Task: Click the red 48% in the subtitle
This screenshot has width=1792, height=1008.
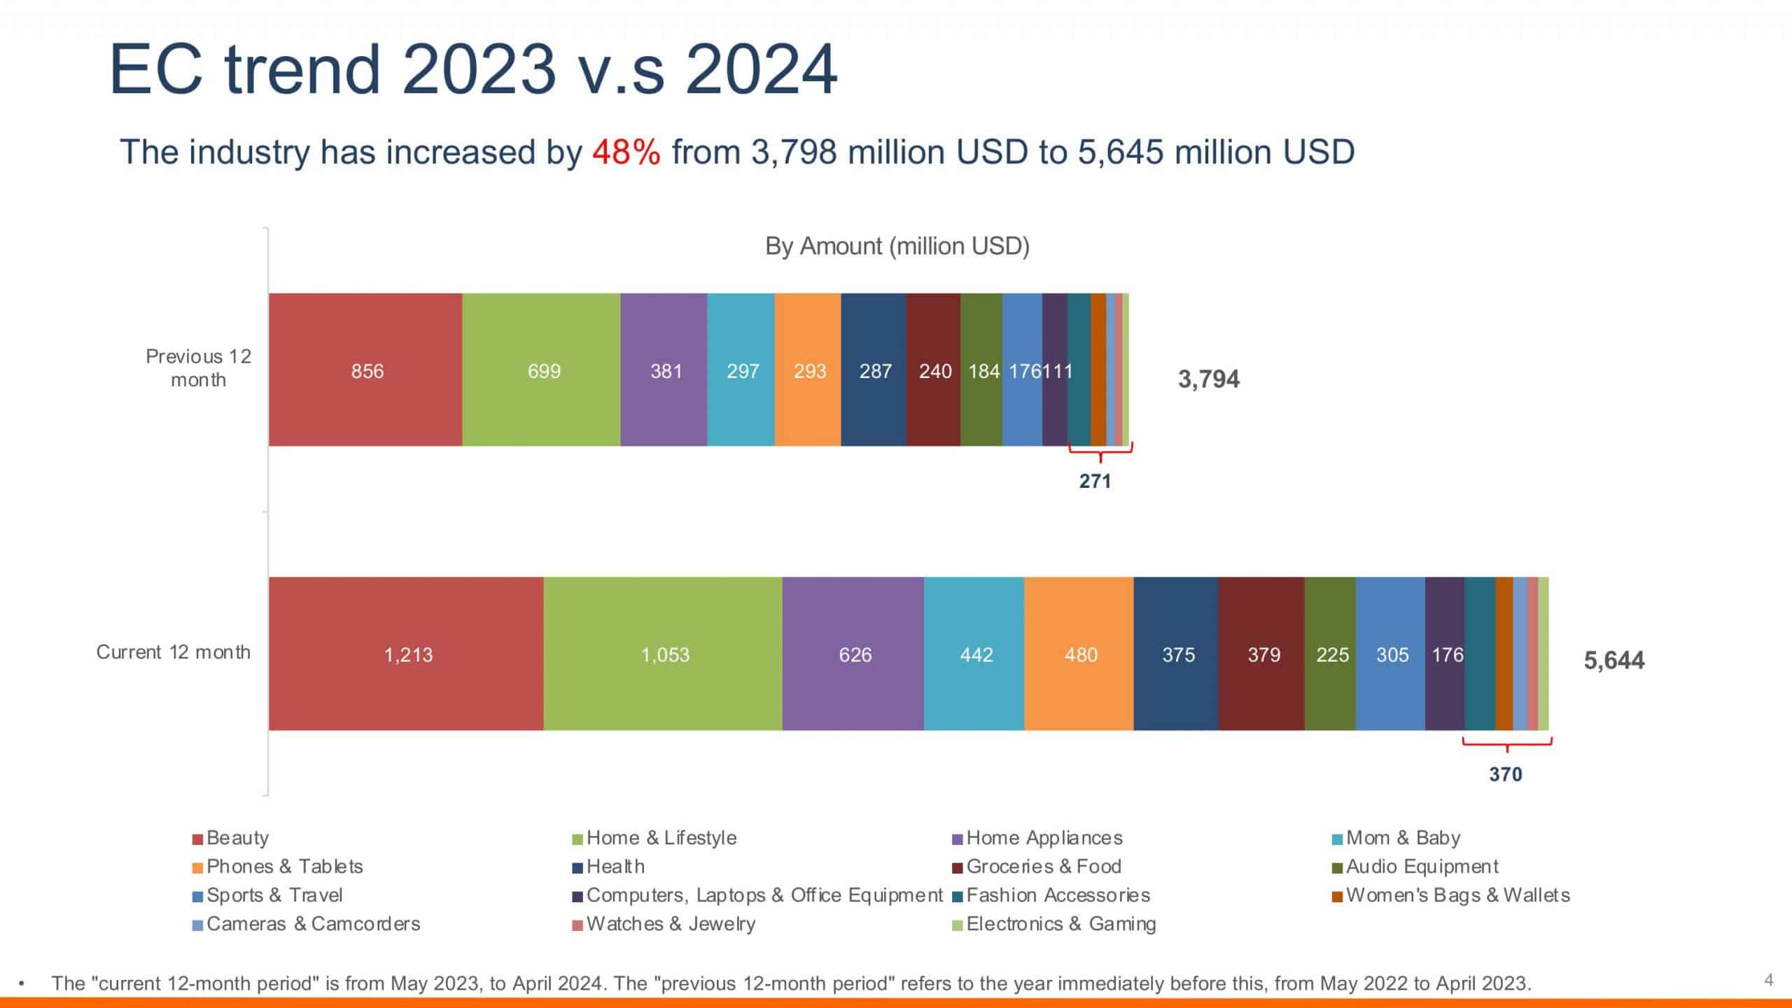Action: [626, 152]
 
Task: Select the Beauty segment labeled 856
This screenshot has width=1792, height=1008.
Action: [366, 370]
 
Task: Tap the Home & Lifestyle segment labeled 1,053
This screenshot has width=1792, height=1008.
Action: [664, 654]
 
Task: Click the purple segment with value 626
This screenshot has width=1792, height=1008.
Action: [854, 654]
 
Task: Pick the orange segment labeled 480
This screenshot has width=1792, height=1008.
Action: [1080, 654]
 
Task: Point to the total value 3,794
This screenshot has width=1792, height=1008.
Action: [1208, 379]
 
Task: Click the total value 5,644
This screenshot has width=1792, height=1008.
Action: [1613, 660]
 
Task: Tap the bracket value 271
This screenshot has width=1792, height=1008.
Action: [1095, 481]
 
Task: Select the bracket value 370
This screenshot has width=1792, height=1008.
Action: [1505, 774]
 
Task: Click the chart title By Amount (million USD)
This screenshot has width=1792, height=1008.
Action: [897, 246]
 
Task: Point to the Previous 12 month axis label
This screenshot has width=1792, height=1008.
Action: [198, 368]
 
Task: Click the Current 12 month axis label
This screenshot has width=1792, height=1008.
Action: [173, 652]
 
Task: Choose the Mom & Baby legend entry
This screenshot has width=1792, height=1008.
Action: [1402, 838]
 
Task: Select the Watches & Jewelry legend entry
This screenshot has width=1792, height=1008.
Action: [670, 924]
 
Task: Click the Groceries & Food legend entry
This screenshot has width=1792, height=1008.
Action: [1043, 867]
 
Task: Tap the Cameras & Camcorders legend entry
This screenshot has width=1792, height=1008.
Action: [312, 924]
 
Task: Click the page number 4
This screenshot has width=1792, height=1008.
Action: [1769, 980]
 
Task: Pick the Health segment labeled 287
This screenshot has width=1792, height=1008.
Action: [874, 370]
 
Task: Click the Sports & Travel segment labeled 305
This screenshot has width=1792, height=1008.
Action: [1392, 654]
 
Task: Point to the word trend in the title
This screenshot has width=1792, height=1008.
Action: [302, 70]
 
